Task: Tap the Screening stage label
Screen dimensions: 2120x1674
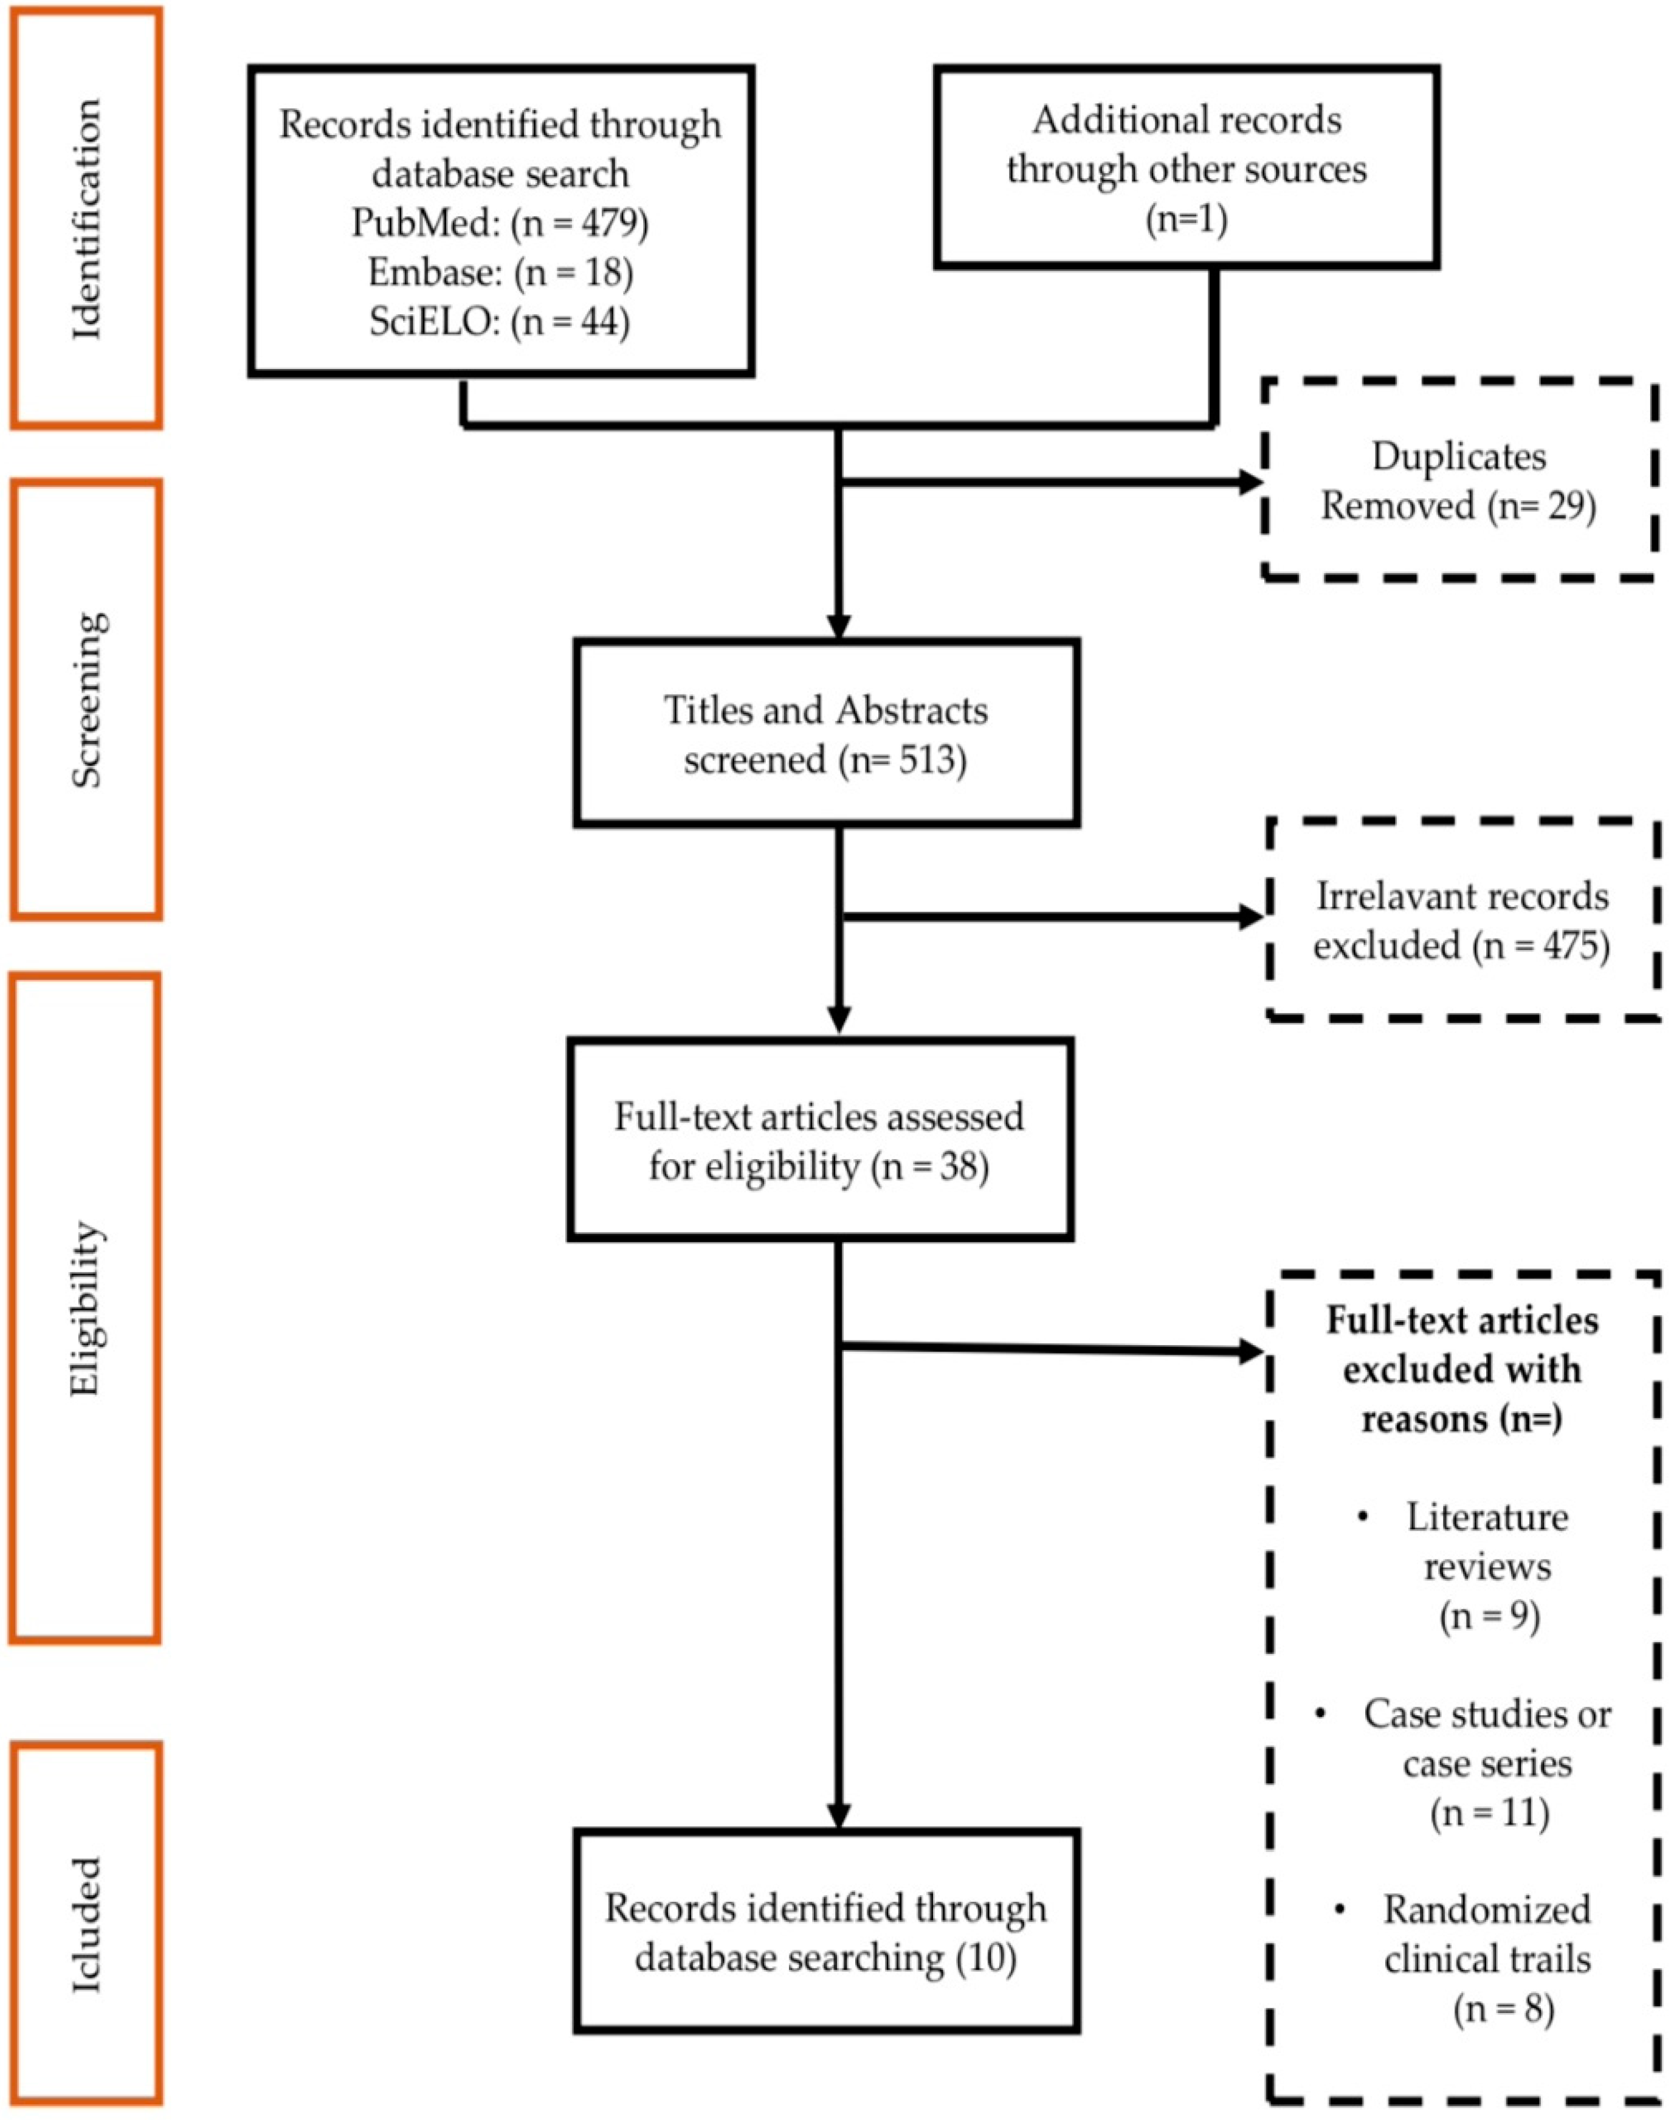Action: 86,699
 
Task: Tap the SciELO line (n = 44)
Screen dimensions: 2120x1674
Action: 499,322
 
